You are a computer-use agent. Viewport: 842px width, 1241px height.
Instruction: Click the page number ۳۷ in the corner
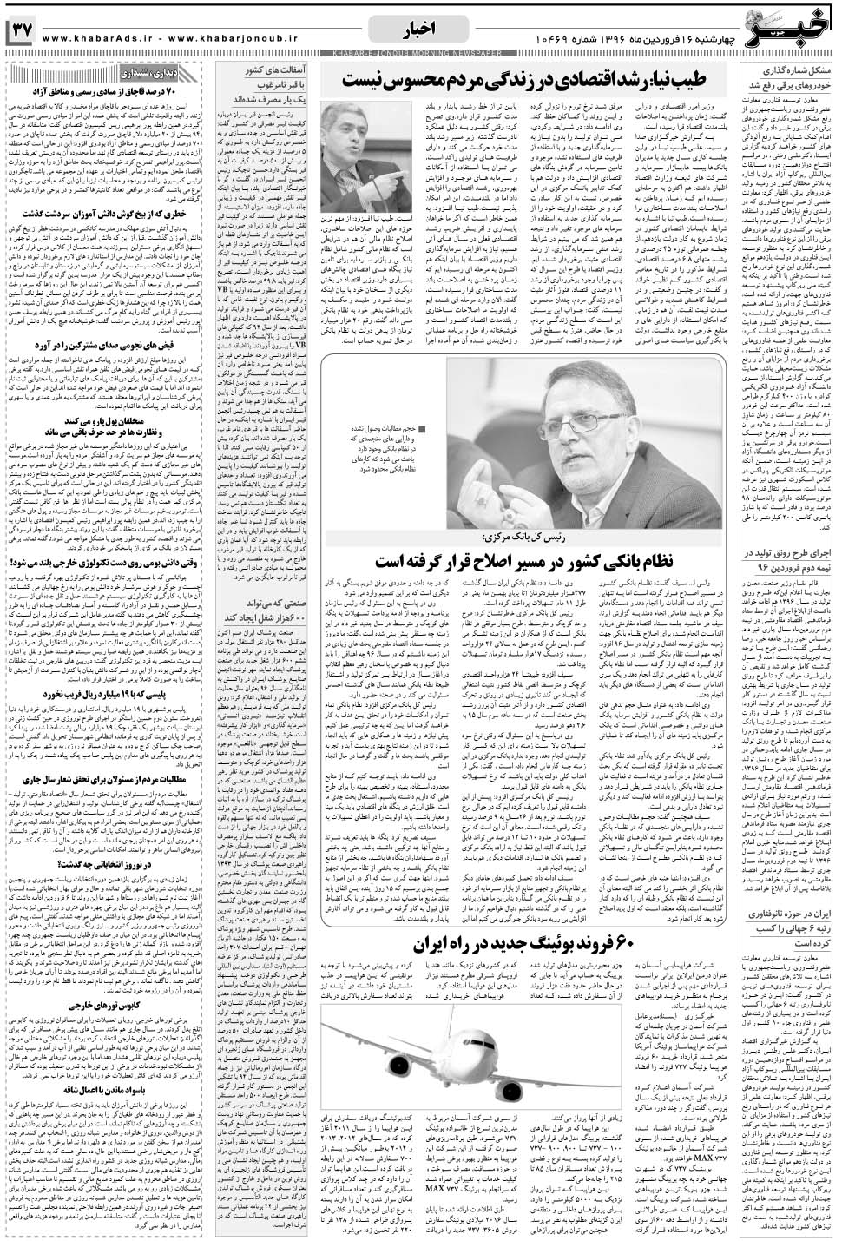click(19, 31)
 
